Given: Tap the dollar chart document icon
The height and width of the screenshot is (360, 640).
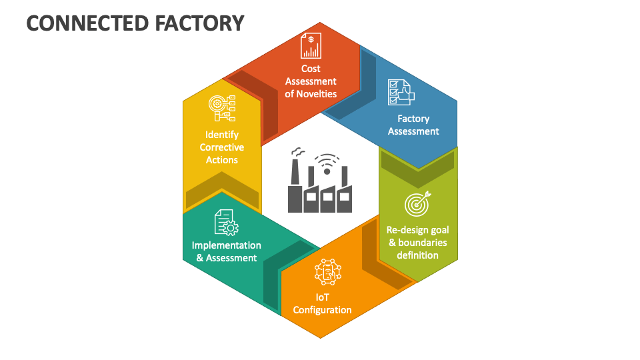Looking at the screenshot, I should (311, 46).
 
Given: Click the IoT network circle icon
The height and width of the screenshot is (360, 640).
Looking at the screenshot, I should (327, 272).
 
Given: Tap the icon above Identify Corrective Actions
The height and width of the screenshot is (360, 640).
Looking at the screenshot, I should (222, 107).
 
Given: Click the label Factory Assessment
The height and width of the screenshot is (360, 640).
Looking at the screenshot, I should (413, 125).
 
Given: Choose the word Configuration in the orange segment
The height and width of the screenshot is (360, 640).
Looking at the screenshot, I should (322, 310).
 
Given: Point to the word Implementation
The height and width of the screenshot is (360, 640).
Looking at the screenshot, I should (227, 245).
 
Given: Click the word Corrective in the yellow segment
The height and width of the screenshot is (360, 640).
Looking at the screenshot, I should (222, 147).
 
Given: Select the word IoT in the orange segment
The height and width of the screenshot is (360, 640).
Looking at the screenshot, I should (323, 297).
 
